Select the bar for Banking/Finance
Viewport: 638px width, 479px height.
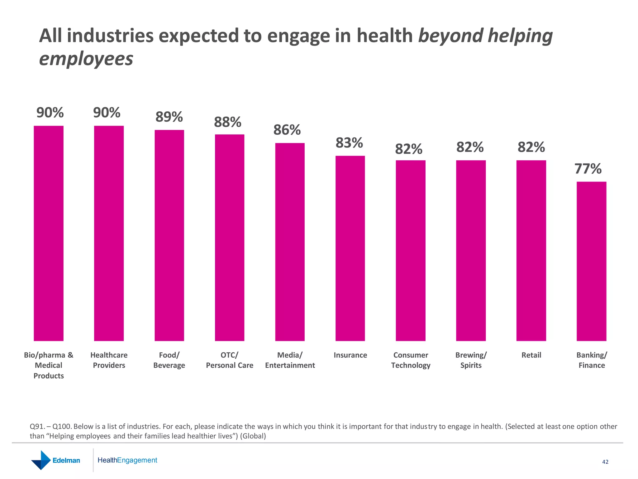pyautogui.click(x=591, y=261)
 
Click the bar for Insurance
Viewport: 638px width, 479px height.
pyautogui.click(x=350, y=248)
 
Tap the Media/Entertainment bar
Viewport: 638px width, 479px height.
pyautogui.click(x=290, y=242)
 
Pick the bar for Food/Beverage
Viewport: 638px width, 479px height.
pyautogui.click(x=169, y=235)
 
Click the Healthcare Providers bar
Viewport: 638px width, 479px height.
pyautogui.click(x=109, y=233)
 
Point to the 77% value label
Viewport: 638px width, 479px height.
pyautogui.click(x=588, y=169)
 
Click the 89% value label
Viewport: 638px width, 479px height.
pyautogui.click(x=169, y=117)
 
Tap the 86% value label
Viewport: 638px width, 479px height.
pyautogui.click(x=287, y=130)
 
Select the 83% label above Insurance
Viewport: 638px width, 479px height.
pyautogui.click(x=349, y=143)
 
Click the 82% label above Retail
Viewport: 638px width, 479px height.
pyautogui.click(x=531, y=147)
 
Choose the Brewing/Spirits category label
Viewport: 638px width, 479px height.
pyautogui.click(x=471, y=360)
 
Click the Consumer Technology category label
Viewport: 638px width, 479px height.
pyautogui.click(x=411, y=360)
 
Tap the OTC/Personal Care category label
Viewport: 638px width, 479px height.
pyautogui.click(x=230, y=360)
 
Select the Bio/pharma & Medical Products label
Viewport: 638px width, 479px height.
pyautogui.click(x=49, y=365)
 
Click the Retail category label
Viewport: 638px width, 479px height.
pyautogui.click(x=531, y=355)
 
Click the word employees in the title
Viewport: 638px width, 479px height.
pyautogui.click(x=86, y=59)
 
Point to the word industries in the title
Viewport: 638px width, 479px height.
pyautogui.click(x=110, y=36)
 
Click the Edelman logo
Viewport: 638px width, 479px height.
pyautogui.click(x=55, y=460)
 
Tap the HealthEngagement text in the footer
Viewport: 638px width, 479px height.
pyautogui.click(x=127, y=460)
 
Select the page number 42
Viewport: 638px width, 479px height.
pyautogui.click(x=605, y=462)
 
